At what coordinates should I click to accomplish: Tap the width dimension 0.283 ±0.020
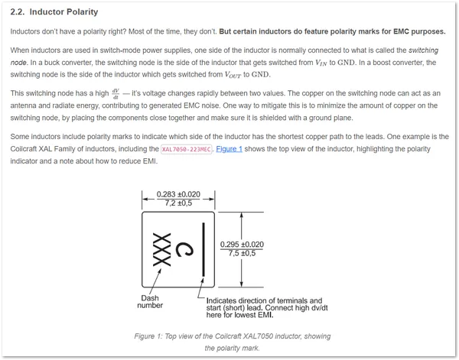click(x=178, y=194)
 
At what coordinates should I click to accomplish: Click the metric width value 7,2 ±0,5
click(x=178, y=203)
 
